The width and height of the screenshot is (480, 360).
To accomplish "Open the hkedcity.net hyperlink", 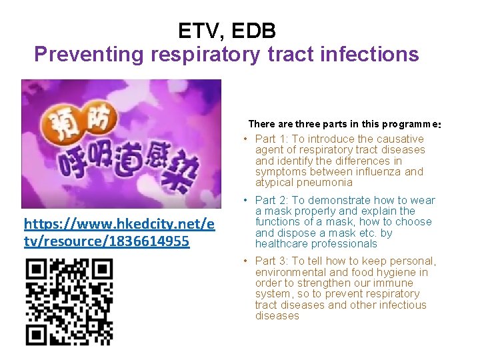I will point(119,232).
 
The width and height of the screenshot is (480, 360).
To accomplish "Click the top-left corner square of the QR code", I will point(35,270).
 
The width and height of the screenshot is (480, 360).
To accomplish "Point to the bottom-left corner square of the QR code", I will point(35,335).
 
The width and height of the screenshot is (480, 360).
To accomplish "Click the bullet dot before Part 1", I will point(246,139).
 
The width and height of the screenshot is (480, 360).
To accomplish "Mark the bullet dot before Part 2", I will point(246,201).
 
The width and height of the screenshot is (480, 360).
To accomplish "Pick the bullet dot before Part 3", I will point(246,262).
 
